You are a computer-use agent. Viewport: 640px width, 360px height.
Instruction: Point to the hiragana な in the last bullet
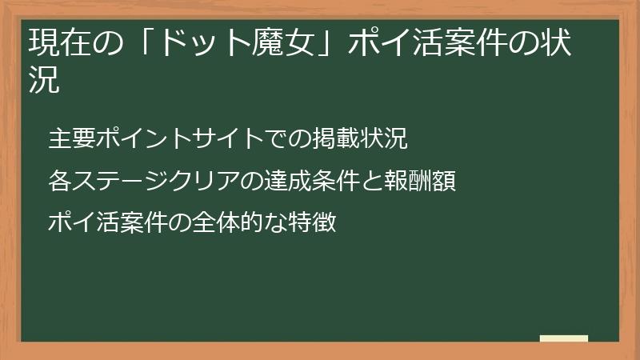(276, 222)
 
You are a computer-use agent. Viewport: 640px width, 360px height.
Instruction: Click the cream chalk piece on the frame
(564, 338)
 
